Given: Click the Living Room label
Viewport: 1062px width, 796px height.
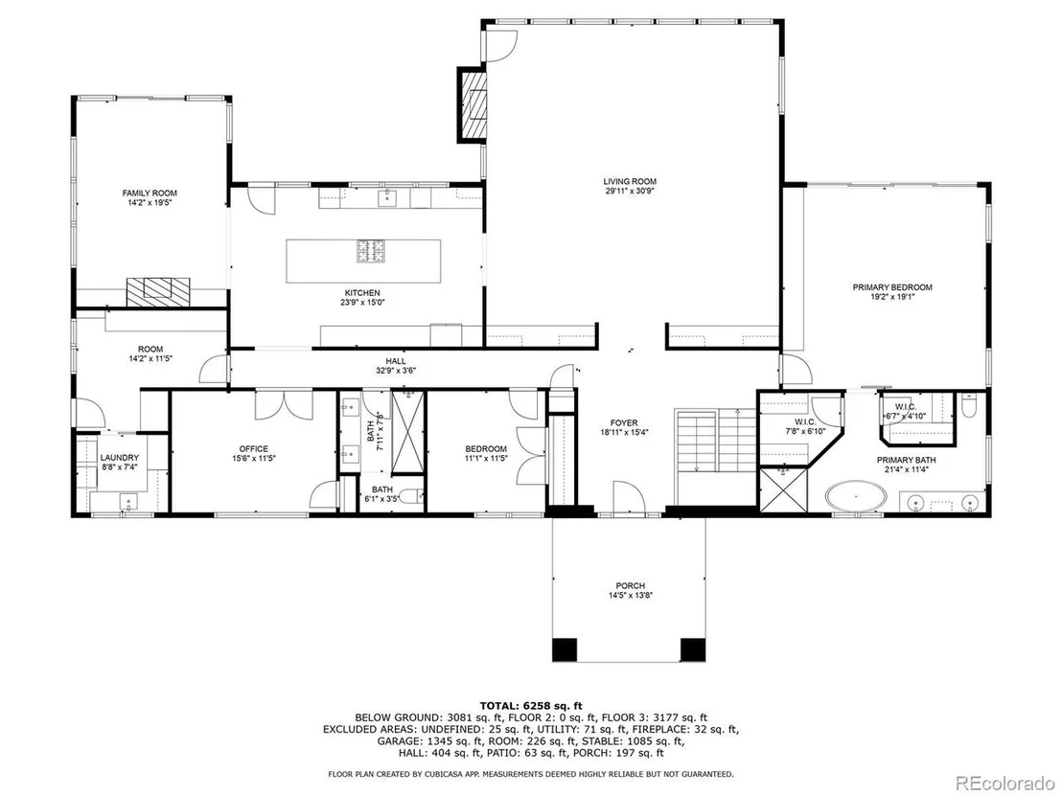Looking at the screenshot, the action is point(630,181).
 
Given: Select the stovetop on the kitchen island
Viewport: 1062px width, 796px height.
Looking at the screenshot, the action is point(372,250).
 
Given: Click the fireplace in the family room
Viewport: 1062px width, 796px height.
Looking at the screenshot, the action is point(158,292).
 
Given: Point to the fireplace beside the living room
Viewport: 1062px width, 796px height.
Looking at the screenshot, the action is point(473,104).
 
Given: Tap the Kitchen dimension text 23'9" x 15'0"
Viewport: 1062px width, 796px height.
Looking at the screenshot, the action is point(362,303).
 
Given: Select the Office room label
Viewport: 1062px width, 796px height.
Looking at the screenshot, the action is point(253,448).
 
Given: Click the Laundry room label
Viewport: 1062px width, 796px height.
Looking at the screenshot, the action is point(119,458).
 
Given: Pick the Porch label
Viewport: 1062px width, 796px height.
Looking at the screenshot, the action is point(631,585).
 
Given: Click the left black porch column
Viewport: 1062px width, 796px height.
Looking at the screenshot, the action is point(565,649).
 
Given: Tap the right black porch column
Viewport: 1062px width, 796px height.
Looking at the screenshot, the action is point(693,649).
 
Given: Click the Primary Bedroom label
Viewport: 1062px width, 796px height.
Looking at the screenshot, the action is point(892,287).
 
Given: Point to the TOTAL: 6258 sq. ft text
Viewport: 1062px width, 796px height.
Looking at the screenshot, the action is point(531,705).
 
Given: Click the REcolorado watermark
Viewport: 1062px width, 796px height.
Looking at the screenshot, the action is point(1005,783).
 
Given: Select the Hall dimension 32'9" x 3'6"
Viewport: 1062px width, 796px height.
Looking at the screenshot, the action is point(396,371).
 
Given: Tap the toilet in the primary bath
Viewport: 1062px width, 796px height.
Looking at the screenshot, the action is point(968,406).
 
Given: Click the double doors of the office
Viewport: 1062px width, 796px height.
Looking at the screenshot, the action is point(283,403).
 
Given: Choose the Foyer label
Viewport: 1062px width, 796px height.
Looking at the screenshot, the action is point(624,423).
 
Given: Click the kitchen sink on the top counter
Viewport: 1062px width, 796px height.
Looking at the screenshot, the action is point(386,197).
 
